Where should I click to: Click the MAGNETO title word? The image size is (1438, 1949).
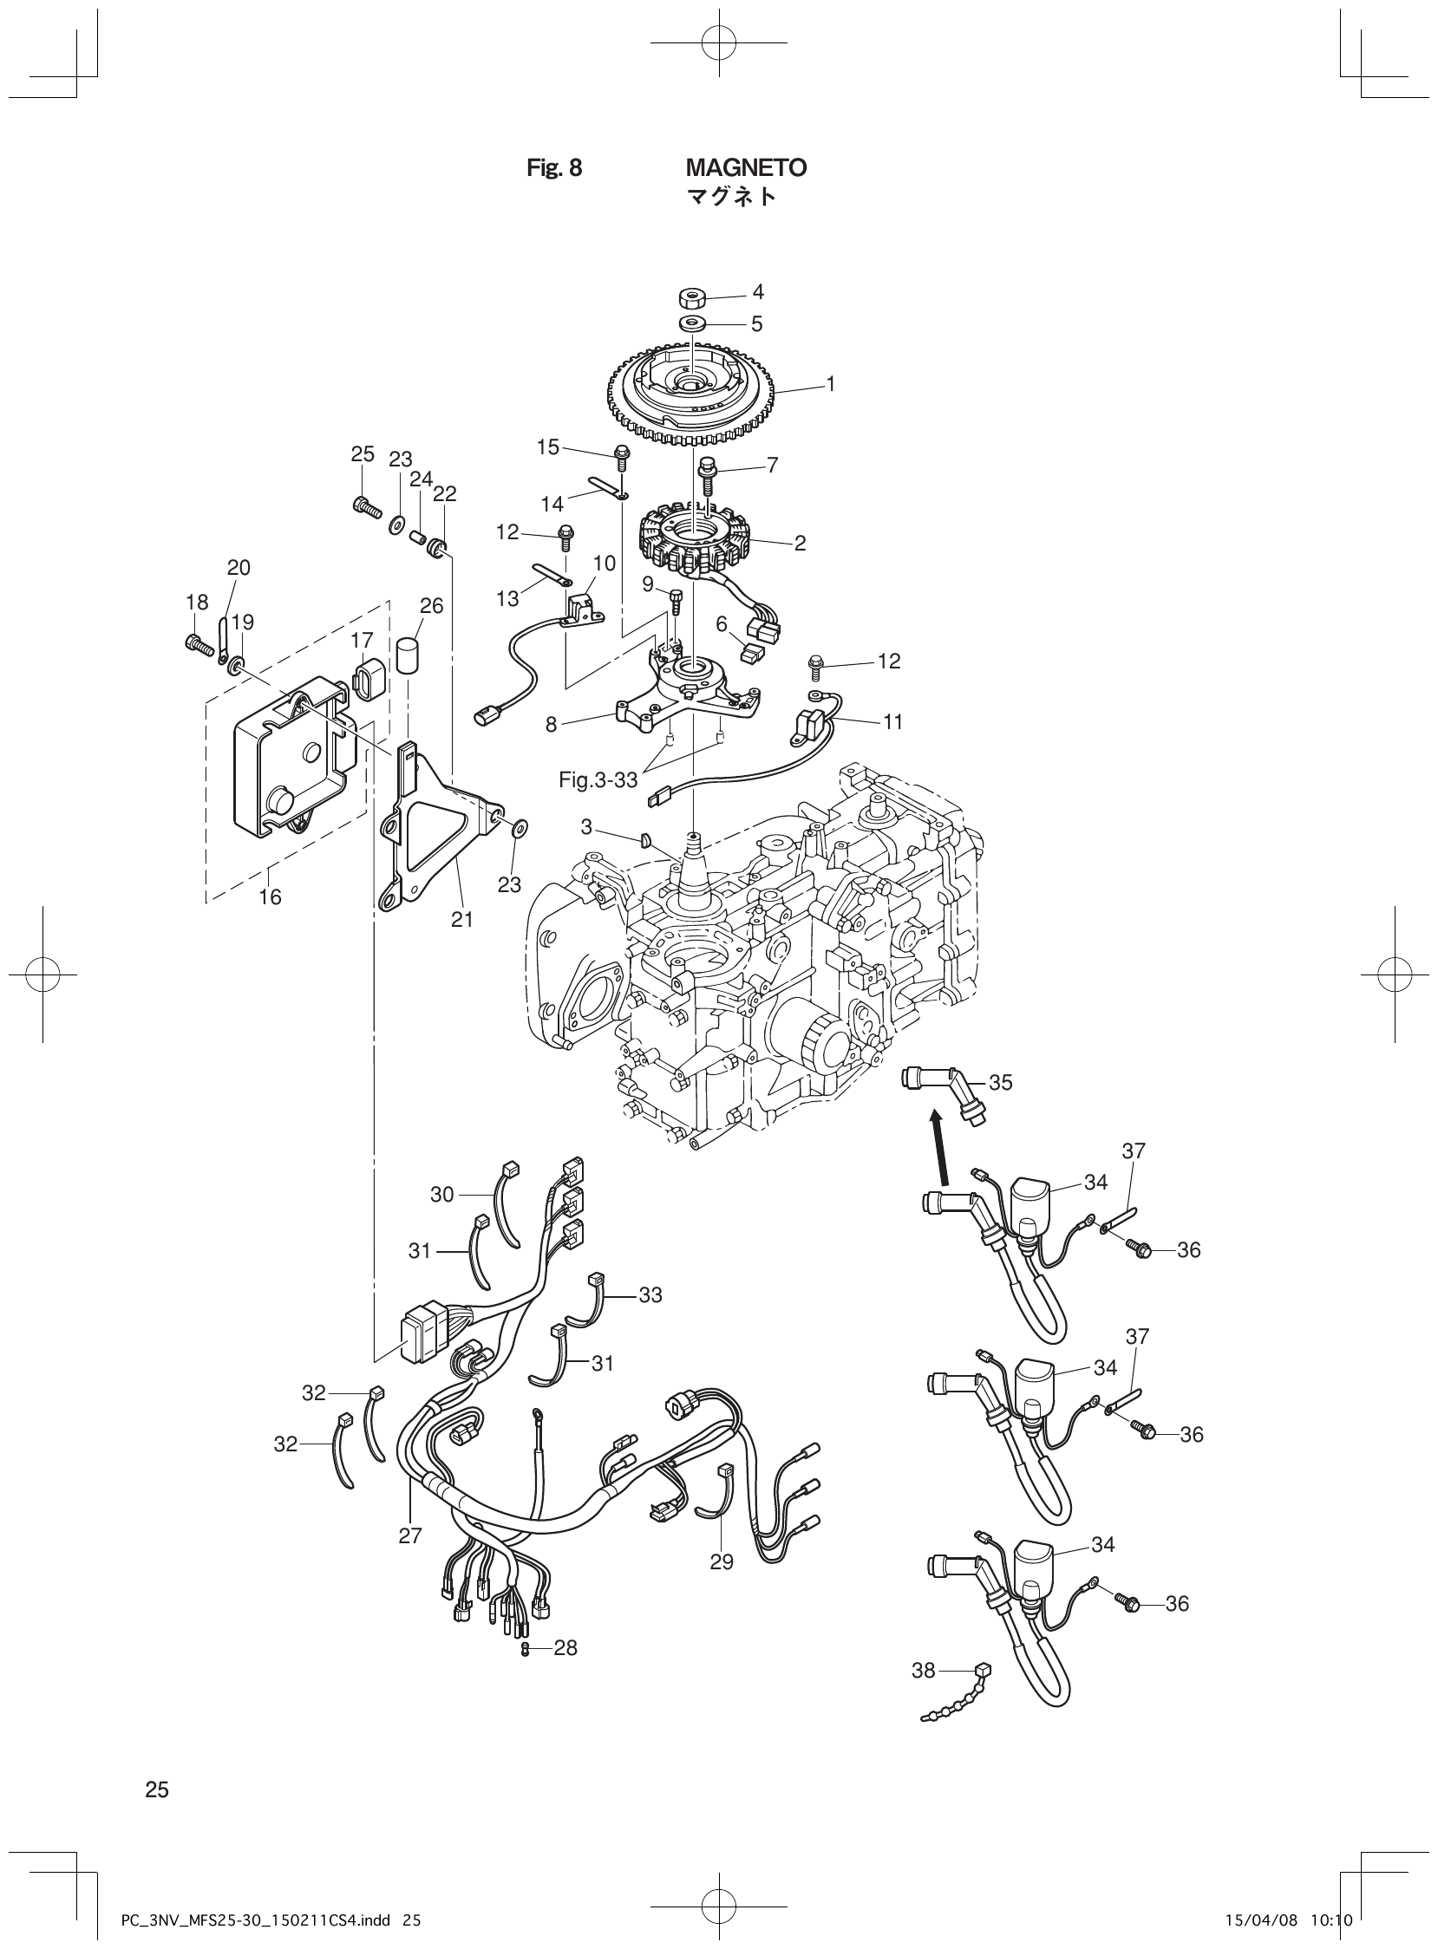pyautogui.click(x=746, y=168)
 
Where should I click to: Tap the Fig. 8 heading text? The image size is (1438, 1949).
pyautogui.click(x=554, y=168)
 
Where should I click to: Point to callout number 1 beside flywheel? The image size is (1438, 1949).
pyautogui.click(x=830, y=383)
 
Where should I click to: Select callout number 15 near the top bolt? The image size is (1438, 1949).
pyautogui.click(x=547, y=447)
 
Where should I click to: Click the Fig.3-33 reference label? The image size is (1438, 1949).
pyautogui.click(x=598, y=780)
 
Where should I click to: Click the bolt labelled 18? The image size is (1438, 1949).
pyautogui.click(x=199, y=646)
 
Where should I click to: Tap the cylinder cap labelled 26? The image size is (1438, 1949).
pyautogui.click(x=409, y=655)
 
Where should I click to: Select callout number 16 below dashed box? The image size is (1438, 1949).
pyautogui.click(x=270, y=896)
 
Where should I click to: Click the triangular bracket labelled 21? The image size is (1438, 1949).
pyautogui.click(x=435, y=831)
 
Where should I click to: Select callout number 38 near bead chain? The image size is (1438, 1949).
pyautogui.click(x=924, y=1670)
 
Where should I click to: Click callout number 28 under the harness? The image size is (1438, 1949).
pyautogui.click(x=565, y=1648)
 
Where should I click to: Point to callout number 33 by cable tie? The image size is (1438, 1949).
pyautogui.click(x=650, y=1294)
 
